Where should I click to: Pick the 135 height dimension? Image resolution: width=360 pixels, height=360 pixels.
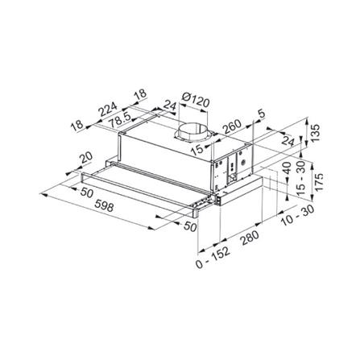pos(314,132)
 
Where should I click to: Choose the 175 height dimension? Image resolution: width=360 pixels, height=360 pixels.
pos(317,179)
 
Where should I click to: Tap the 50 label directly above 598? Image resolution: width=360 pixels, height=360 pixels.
pos(83,193)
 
